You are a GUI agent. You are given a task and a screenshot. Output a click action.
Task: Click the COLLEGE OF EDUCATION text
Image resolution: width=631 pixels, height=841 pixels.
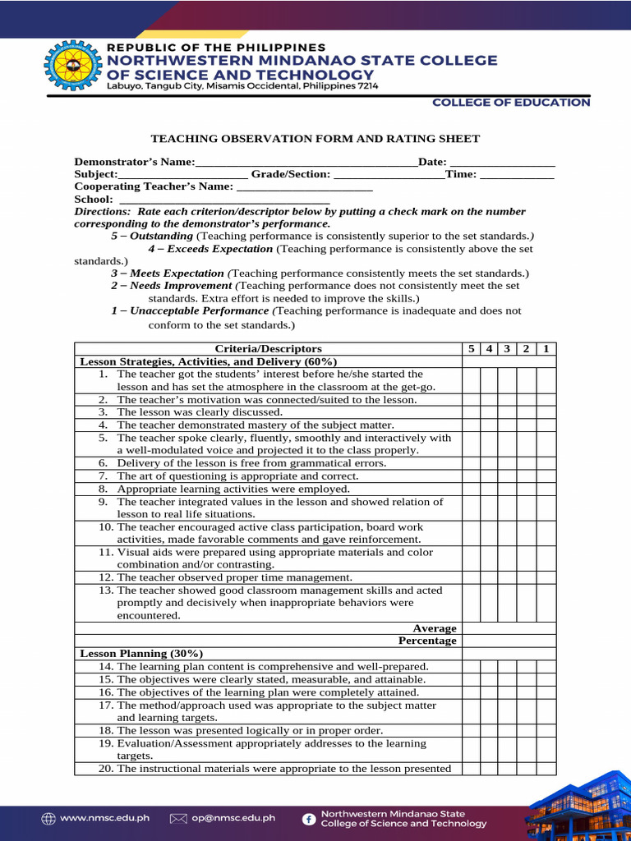pos(511,103)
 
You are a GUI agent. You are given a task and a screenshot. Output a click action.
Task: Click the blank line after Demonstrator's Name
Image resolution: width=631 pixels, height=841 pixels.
pos(306,163)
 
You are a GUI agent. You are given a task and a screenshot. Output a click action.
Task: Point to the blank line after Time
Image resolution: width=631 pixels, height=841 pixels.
pos(517,175)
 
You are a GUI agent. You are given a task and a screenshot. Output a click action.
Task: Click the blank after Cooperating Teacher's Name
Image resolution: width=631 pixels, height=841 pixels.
pos(304,187)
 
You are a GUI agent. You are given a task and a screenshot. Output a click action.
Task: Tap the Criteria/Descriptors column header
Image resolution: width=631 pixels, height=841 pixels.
pos(268,349)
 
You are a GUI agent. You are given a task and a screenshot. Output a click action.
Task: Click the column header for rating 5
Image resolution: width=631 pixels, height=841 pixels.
pos(471,349)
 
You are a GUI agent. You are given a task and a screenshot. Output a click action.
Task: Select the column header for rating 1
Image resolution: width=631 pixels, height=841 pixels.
pos(546,349)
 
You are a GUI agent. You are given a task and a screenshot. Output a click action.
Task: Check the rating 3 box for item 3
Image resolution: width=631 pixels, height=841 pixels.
pos(509,412)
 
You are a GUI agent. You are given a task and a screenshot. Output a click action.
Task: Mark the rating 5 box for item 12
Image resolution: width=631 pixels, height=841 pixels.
pos(471,577)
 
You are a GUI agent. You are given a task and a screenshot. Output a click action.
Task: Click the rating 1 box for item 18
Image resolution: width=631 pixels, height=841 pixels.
pos(546,730)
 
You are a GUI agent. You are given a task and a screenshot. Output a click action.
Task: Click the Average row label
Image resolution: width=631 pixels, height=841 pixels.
pos(434,628)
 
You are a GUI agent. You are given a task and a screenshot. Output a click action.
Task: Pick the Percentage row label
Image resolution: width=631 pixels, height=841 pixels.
pos(427,641)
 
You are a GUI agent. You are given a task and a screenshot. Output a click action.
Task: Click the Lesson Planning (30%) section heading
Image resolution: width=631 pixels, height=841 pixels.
pos(141,654)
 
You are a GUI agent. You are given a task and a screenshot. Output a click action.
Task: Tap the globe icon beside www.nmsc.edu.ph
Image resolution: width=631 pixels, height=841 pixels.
pos(48,818)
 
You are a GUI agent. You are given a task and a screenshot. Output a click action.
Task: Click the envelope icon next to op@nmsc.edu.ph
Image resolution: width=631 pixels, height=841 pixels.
pos(178,818)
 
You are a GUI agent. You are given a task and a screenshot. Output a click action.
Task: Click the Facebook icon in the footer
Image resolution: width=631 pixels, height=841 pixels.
pos(309,818)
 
